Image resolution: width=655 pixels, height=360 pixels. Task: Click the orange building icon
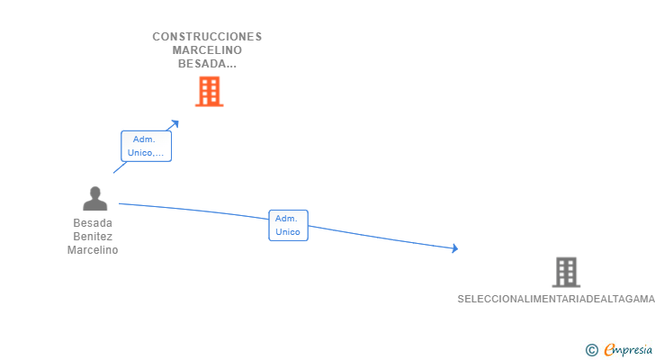point(209,91)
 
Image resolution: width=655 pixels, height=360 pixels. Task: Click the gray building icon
point(566,272)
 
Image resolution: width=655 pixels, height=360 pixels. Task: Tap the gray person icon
point(94,199)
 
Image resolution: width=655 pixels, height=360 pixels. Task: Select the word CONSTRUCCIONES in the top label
point(207,37)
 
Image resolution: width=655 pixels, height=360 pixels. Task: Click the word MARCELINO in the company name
point(207,50)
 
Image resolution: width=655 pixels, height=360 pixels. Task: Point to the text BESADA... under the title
point(207,64)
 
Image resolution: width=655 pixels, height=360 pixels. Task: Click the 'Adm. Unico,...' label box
point(146,146)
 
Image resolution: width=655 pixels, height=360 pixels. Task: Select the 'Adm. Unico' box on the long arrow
point(288,225)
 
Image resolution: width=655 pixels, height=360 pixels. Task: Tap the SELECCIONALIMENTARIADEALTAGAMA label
point(555,299)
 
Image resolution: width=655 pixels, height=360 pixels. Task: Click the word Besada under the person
point(93,223)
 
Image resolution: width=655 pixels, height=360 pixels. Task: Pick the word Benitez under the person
point(93,237)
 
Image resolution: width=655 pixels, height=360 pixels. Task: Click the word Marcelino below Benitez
point(93,250)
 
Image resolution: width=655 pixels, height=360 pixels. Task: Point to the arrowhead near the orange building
point(175,122)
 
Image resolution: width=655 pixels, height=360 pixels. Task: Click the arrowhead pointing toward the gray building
point(455,248)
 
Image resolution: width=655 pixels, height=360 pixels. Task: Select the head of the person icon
point(94,192)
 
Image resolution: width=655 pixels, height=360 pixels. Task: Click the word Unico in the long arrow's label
point(288,232)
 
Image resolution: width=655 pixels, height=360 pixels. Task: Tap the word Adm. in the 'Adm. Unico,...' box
point(144,139)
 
